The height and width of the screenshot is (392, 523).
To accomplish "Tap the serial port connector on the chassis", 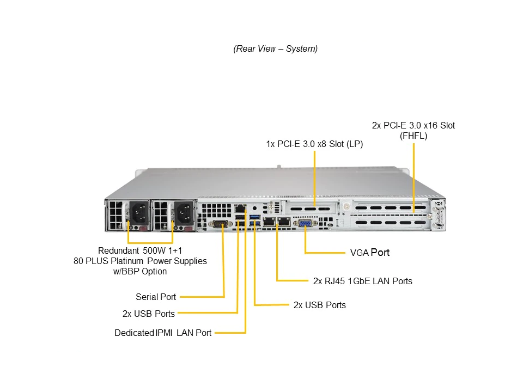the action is pos(220,224).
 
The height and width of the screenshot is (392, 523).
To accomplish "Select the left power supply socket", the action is pos(139,213).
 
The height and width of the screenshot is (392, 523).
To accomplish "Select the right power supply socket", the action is pos(184,213).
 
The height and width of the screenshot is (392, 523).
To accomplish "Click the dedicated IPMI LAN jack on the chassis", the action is pos(240,209).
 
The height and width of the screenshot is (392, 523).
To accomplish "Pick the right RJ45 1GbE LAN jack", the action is pos(284,221).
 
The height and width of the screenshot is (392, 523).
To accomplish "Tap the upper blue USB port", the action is pos(254,217).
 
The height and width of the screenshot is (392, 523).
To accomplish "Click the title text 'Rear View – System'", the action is pos(276,48).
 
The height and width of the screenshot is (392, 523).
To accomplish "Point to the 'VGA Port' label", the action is pos(369,253).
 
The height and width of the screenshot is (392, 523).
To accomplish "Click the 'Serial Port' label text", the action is pos(156,297).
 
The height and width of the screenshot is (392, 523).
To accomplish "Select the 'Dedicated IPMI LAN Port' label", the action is pos(163,333).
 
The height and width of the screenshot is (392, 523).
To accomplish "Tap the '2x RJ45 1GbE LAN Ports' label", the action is pos(363,281).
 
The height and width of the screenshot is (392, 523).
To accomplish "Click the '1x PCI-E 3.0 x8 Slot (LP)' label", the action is pos(314,144).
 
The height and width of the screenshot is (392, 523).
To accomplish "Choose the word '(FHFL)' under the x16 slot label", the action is pos(413,136).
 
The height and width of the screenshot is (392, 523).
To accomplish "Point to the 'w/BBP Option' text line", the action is pos(140,271).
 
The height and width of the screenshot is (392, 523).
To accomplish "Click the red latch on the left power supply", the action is pos(144,228).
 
